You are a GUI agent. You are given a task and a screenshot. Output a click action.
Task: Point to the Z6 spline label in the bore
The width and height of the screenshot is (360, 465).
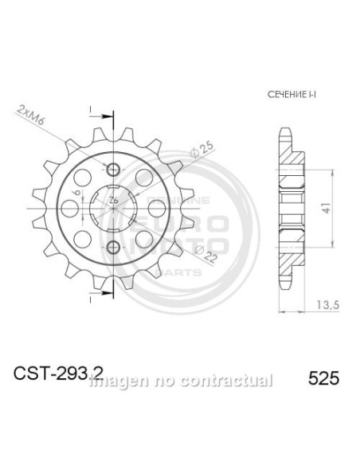114,199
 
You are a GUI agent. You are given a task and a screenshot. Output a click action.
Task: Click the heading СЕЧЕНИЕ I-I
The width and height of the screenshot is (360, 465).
288,95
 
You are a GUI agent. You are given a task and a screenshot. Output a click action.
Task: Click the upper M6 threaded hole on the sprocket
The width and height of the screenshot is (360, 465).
113,170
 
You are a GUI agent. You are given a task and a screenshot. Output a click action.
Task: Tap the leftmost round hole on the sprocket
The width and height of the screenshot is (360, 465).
70,208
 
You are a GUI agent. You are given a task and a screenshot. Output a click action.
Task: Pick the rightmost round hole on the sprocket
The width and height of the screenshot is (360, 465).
157,208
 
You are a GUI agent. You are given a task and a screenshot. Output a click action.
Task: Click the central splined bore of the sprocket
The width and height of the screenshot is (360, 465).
113,209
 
